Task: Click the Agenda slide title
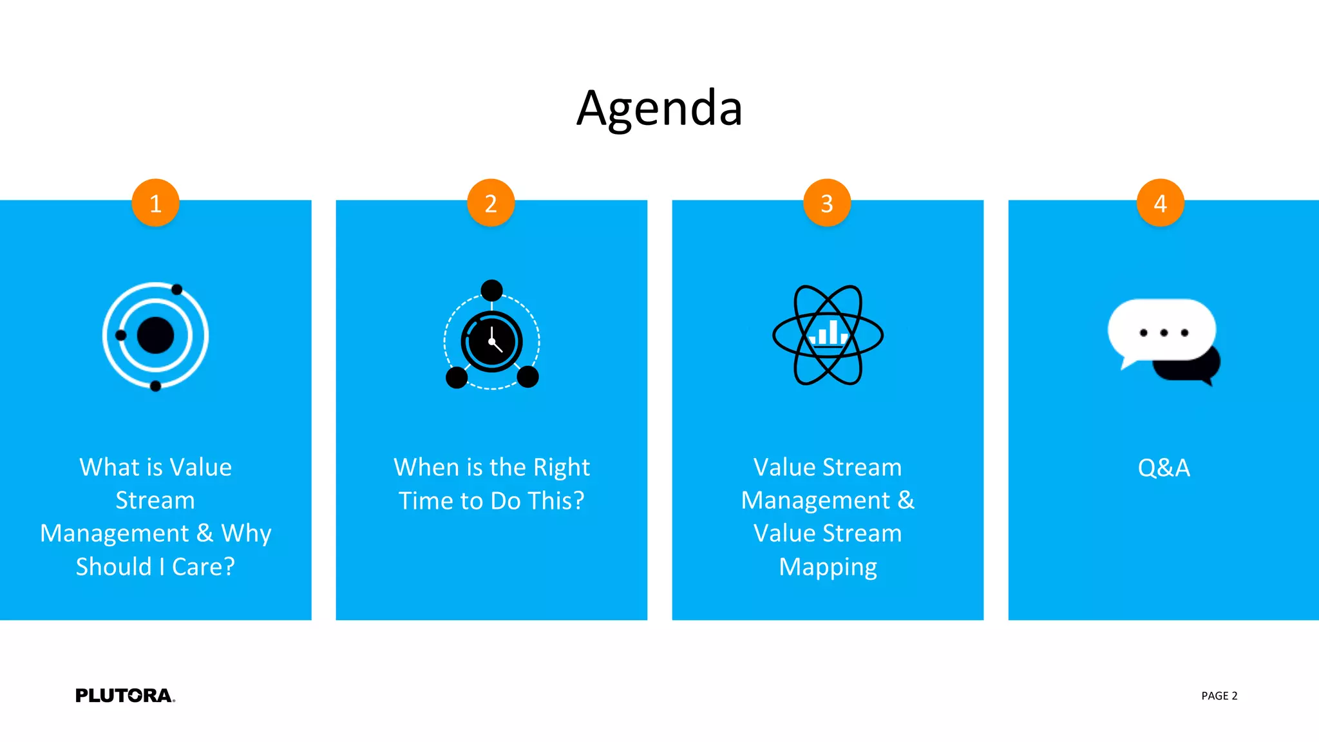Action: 659,108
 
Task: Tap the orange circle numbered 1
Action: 155,203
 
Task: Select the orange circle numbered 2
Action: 491,203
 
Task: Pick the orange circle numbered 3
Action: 827,203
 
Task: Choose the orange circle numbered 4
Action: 1161,203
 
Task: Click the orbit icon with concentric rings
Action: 155,336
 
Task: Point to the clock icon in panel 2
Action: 491,341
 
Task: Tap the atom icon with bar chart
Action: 828,335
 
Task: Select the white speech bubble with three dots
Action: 1161,330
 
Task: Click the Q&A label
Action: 1164,468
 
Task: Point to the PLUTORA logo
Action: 125,696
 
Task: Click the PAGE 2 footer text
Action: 1219,696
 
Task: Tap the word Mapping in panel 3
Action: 828,567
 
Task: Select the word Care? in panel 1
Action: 203,567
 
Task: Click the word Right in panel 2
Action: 562,468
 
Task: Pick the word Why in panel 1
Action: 246,533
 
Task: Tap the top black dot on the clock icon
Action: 491,290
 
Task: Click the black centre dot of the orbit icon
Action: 155,336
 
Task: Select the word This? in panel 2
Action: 555,500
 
